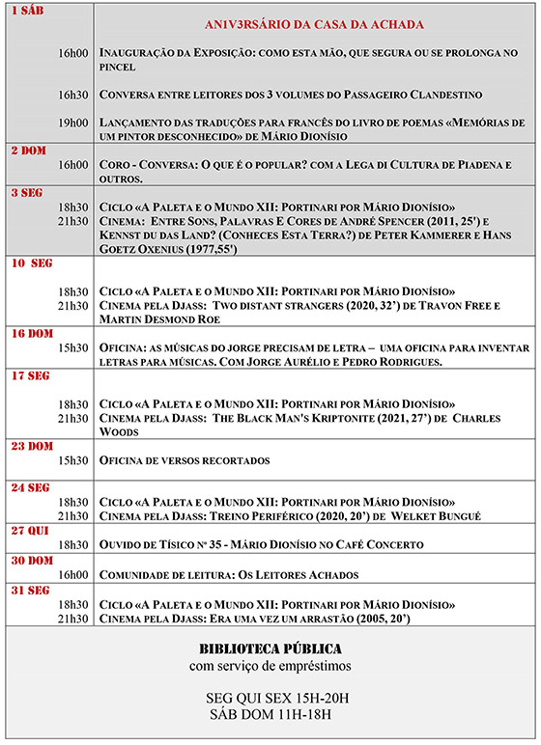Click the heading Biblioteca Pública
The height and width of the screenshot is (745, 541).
pos(270,648)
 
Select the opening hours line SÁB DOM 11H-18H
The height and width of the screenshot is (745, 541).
pos(270,715)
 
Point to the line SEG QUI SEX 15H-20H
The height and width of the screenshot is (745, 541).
pos(270,698)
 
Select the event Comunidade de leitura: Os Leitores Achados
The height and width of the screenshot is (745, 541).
pos(229,575)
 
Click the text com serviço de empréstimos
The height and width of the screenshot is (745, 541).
pos(270,667)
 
